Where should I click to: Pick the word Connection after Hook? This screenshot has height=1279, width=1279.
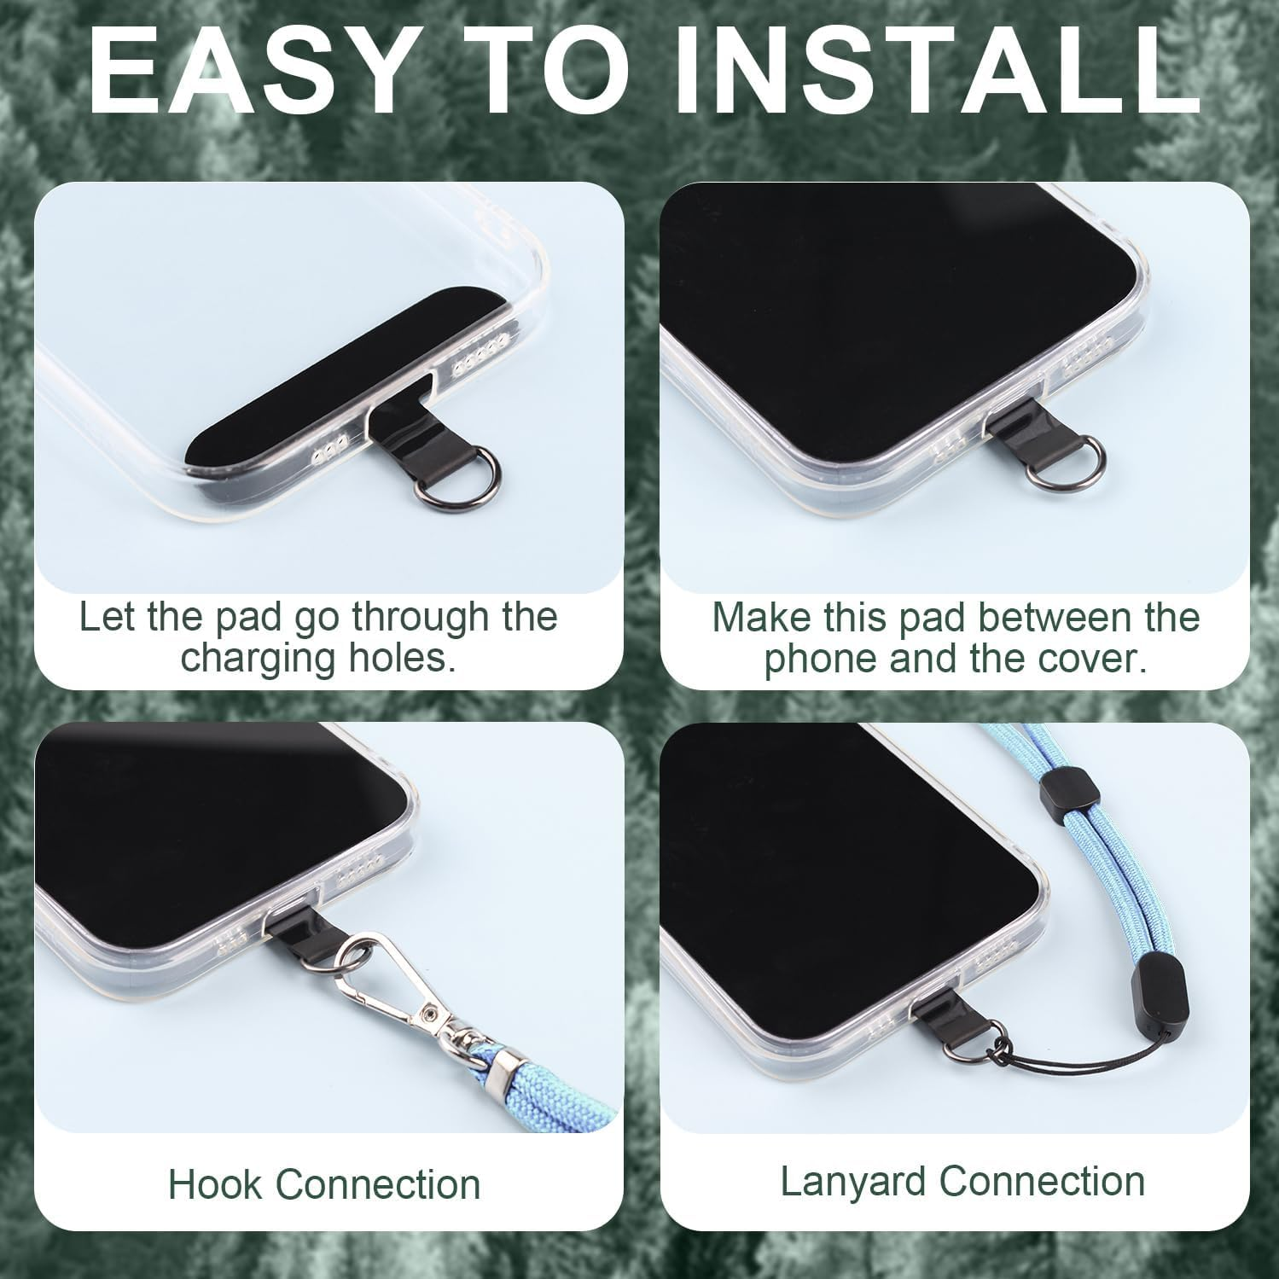point(378,1184)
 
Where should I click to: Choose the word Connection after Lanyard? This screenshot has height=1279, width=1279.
point(1042,1182)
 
